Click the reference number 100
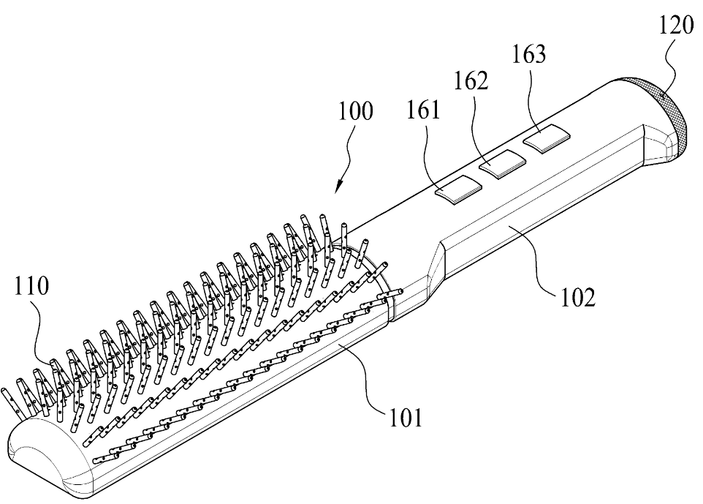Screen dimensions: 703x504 (355, 110)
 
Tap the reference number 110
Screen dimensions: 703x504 (31, 285)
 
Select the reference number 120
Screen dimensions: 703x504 (676, 25)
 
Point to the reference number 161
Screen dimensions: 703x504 (423, 110)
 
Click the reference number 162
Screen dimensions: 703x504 (471, 80)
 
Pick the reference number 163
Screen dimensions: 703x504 (529, 54)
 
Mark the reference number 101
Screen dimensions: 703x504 (406, 418)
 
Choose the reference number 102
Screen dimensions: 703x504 (578, 297)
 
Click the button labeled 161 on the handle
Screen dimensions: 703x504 (457, 189)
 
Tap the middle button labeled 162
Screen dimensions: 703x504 (503, 164)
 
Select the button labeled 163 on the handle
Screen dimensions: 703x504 (547, 139)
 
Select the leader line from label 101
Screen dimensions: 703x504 (365, 378)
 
